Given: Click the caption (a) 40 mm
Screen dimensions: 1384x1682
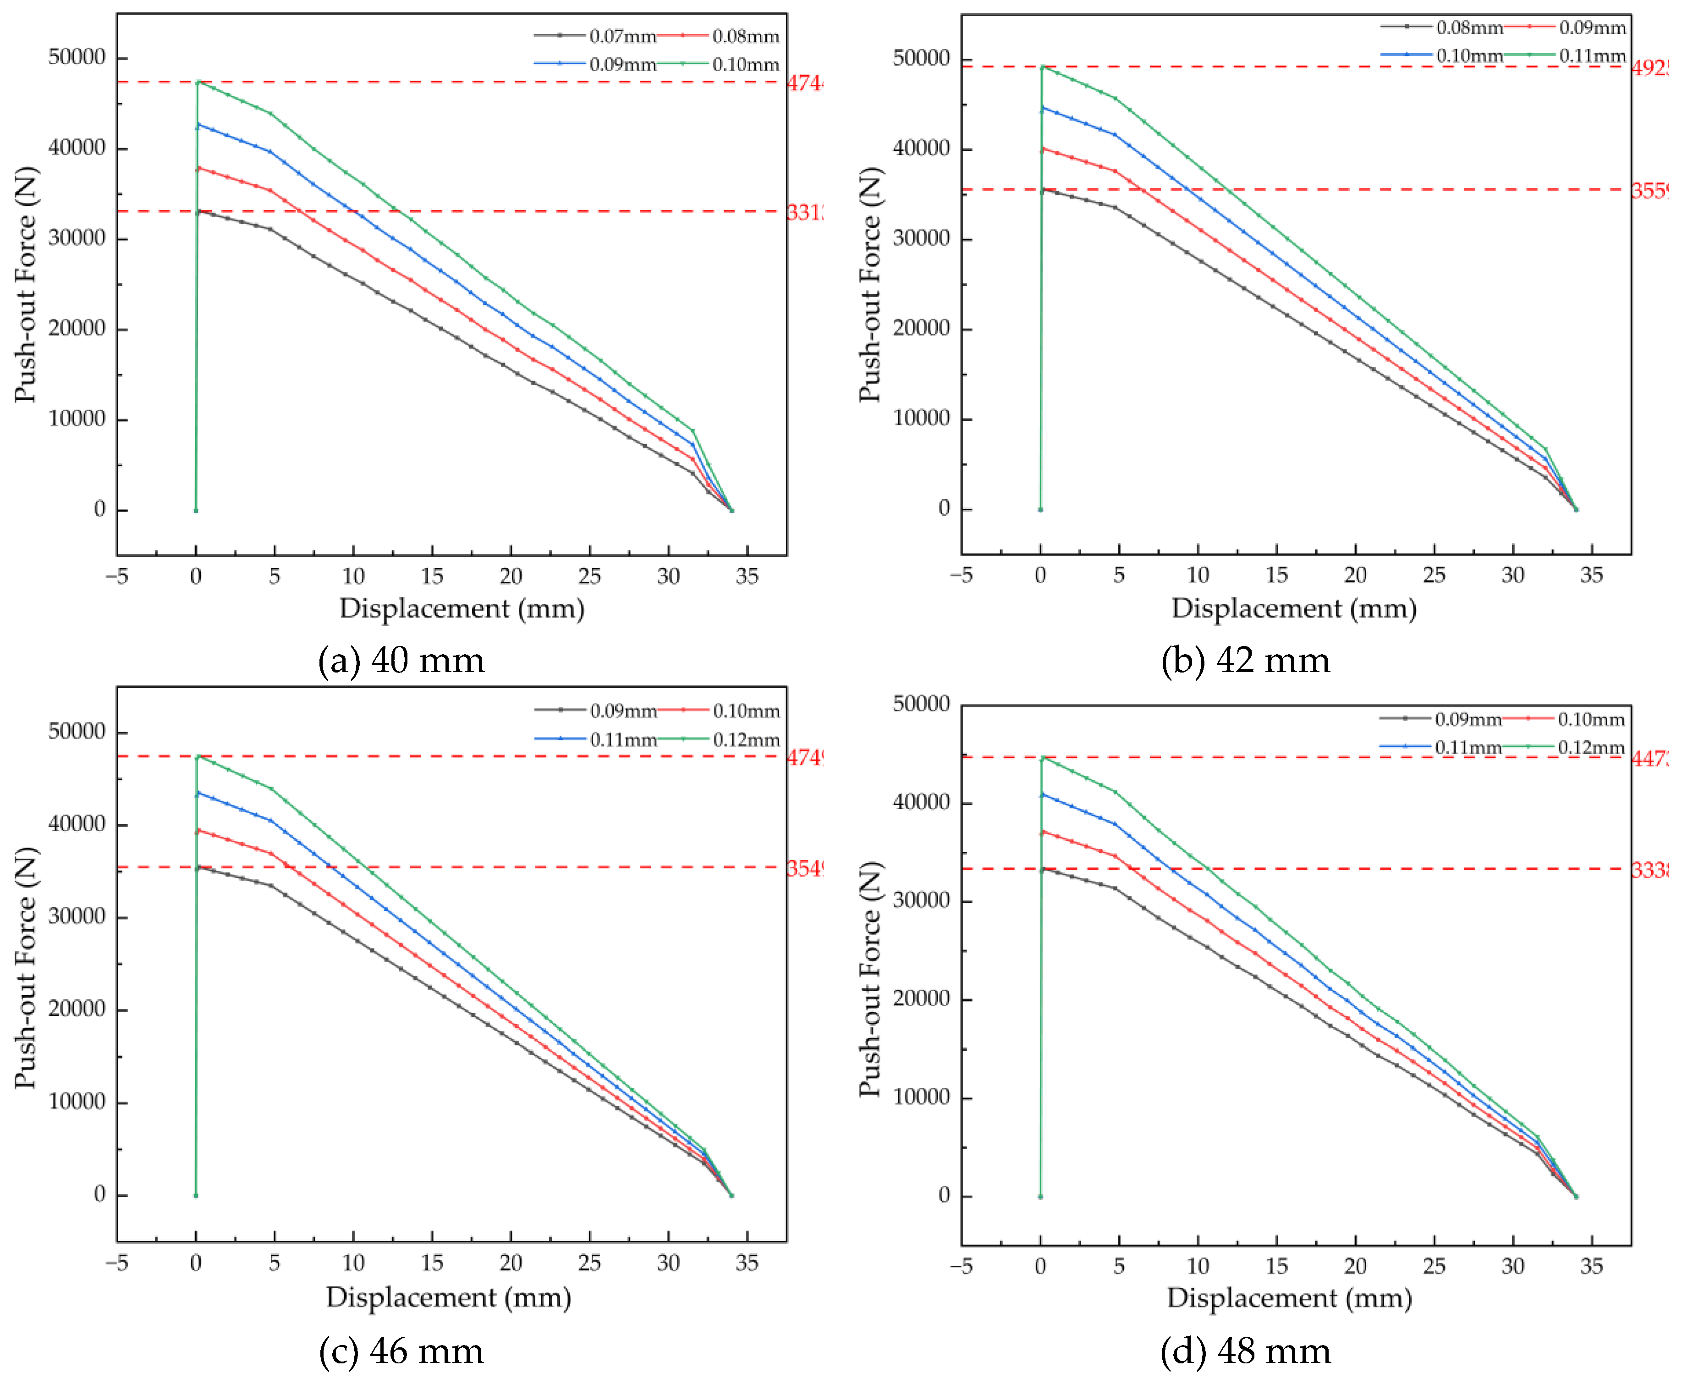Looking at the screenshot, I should click(x=401, y=661).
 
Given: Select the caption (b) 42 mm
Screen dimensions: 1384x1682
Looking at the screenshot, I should click(x=1245, y=661).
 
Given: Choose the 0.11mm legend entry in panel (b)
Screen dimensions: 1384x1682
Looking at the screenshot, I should click(x=1591, y=56).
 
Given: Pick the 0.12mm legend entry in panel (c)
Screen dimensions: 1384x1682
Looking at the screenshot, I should click(x=745, y=740).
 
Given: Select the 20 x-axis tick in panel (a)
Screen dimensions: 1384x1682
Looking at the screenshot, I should click(x=510, y=576).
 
